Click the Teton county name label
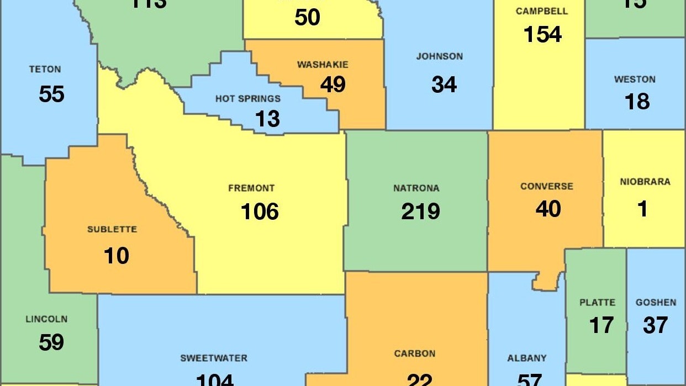[45, 70]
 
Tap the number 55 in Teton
[51, 94]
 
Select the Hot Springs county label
[248, 99]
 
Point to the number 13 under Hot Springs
[267, 119]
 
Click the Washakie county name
[323, 65]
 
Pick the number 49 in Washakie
[333, 84]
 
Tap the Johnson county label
[440, 56]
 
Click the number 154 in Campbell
[542, 34]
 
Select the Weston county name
[635, 80]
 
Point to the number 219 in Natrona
[420, 211]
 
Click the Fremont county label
[251, 188]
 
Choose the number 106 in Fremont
[260, 211]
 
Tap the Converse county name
[547, 187]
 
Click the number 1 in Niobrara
[642, 209]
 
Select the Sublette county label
[112, 229]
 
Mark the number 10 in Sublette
[116, 256]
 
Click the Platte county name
[597, 303]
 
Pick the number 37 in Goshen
[655, 325]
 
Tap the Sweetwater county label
[214, 358]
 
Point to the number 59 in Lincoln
[51, 342]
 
